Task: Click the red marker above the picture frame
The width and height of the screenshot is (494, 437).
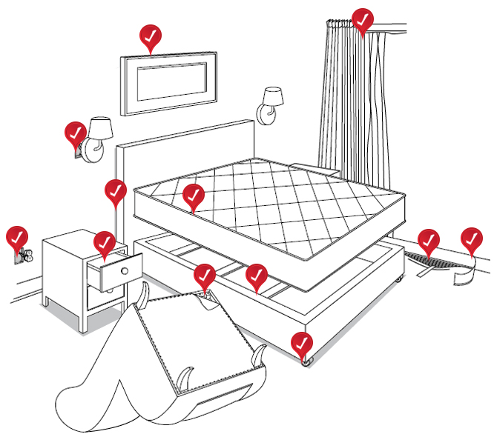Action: tap(151, 36)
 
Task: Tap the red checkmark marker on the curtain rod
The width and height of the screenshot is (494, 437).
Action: tap(363, 20)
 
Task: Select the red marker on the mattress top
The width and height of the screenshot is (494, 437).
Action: tap(193, 196)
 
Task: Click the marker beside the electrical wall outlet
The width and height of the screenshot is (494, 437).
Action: tap(16, 238)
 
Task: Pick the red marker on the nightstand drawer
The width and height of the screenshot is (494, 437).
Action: tap(105, 243)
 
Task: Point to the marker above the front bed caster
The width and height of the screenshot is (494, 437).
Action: tap(301, 343)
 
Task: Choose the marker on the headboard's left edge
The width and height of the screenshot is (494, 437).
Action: tap(115, 191)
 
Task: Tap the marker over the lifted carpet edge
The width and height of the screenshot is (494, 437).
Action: tap(428, 241)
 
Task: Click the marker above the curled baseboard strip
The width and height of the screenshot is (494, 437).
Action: tap(471, 239)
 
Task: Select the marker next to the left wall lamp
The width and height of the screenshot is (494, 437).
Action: tap(75, 134)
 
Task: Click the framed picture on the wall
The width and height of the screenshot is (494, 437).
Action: tap(168, 82)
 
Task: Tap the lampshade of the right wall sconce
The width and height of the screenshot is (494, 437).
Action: tap(273, 96)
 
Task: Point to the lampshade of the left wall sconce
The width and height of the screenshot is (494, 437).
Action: tap(100, 127)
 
